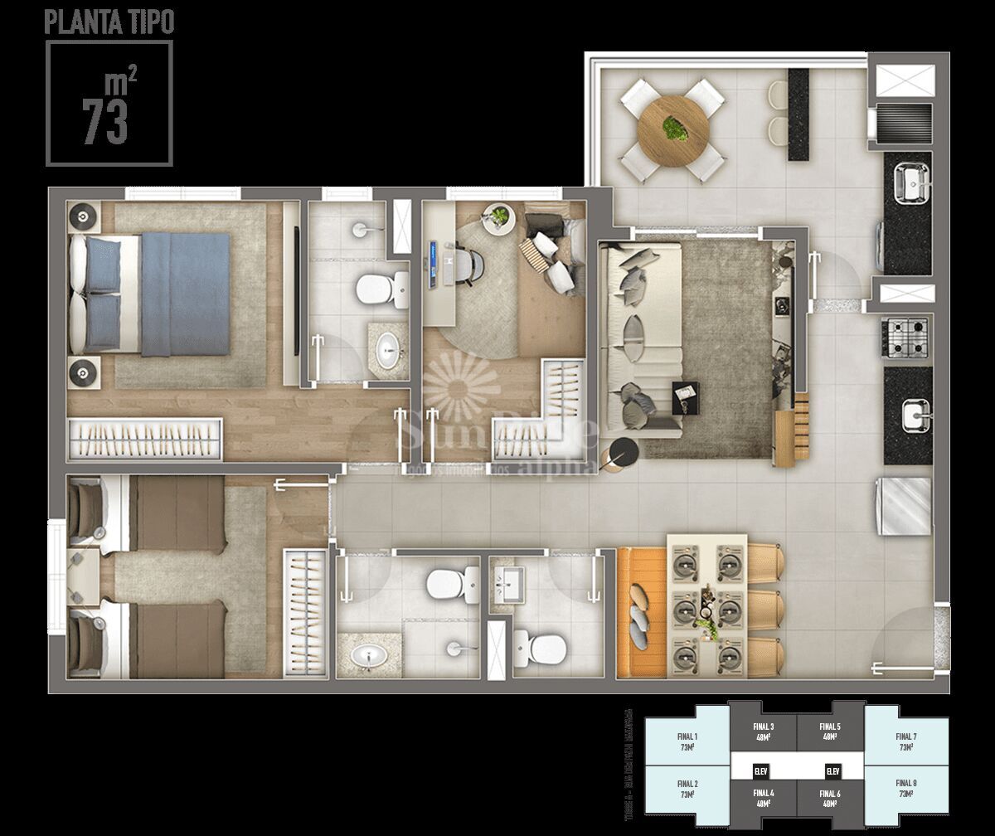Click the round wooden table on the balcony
[x=673, y=129]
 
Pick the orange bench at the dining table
[x=642, y=610]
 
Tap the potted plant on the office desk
[x=499, y=216]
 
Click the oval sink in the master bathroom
[x=388, y=351]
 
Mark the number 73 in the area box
[x=105, y=122]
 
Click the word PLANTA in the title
[x=75, y=23]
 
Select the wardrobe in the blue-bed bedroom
[x=145, y=439]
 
